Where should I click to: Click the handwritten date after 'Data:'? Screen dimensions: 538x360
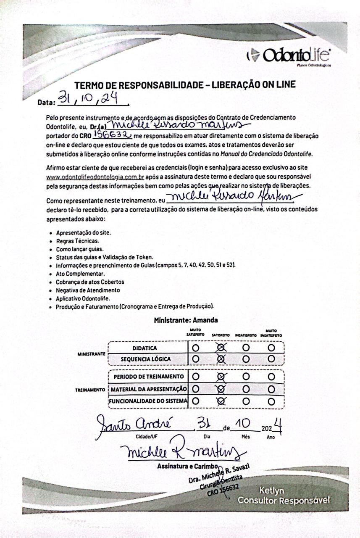coord(88,100)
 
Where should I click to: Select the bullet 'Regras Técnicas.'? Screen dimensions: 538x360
coord(72,241)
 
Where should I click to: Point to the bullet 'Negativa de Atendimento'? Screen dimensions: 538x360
coord(88,290)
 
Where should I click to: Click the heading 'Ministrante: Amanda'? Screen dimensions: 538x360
coord(186,320)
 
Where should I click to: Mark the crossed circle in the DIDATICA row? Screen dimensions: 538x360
coord(221,348)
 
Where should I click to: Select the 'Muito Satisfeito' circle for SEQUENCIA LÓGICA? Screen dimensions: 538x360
coord(195,359)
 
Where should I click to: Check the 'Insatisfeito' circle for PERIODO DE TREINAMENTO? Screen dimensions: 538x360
coord(246,376)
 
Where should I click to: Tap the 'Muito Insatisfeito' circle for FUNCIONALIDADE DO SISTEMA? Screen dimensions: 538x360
coord(272,401)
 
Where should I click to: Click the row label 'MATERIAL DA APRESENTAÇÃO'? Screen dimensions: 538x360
coord(148,389)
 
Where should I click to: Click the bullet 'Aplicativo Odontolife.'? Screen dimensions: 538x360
coord(83,298)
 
